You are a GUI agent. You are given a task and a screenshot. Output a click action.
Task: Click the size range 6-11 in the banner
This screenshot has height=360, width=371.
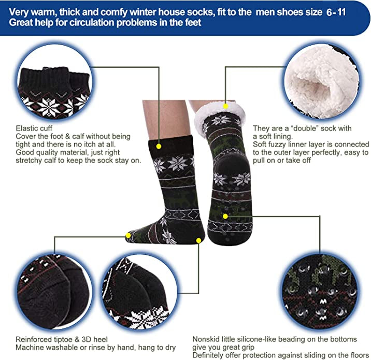[x=336, y=12]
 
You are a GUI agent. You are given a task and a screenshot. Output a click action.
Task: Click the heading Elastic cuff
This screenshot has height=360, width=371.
[x=34, y=128]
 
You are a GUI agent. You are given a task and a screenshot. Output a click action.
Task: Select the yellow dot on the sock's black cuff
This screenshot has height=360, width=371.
[x=159, y=147]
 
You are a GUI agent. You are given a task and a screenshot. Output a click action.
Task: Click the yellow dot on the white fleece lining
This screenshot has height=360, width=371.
[x=225, y=106]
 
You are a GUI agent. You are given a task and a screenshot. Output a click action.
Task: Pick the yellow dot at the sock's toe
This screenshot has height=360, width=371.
[x=128, y=235]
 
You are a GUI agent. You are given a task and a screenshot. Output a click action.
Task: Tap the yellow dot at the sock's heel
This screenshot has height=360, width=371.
[x=198, y=240]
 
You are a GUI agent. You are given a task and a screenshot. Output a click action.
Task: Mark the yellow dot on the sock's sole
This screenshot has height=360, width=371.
[x=225, y=216]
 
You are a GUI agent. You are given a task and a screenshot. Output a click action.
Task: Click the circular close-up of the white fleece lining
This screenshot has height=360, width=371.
[x=322, y=82]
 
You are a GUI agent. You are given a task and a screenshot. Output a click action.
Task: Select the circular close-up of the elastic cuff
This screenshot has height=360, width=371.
[x=54, y=82]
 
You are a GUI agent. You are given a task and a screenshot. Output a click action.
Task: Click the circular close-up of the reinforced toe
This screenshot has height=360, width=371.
[x=54, y=292]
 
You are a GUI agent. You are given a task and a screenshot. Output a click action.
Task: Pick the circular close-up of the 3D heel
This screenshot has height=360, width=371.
[x=139, y=292]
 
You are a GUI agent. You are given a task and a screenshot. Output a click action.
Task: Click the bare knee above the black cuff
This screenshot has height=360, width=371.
[x=166, y=118]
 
